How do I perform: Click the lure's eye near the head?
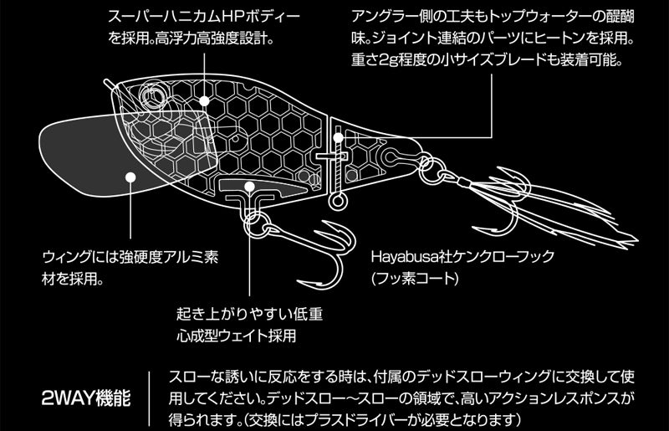(x=153, y=95)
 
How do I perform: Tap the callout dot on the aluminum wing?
(x=130, y=177)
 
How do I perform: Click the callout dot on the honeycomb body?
(x=204, y=100)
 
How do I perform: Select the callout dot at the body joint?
(x=338, y=137)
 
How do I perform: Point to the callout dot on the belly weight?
(x=249, y=187)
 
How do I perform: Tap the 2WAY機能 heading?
(x=86, y=398)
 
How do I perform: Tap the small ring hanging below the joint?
(x=338, y=202)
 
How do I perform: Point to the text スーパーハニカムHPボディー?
(x=205, y=18)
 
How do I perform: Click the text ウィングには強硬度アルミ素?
(x=130, y=258)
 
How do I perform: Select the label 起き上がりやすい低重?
(x=249, y=314)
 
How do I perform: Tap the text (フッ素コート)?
(x=415, y=279)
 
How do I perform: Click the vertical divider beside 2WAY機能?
(x=150, y=398)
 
